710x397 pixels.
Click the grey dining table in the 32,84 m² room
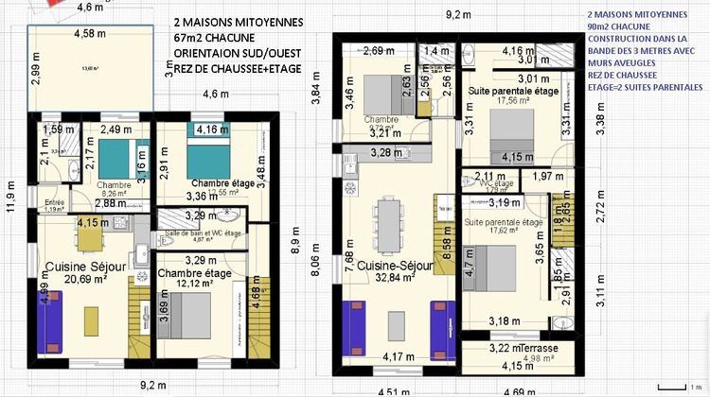coord(388,226)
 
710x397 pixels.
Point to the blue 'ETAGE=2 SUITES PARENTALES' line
coord(638,86)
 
